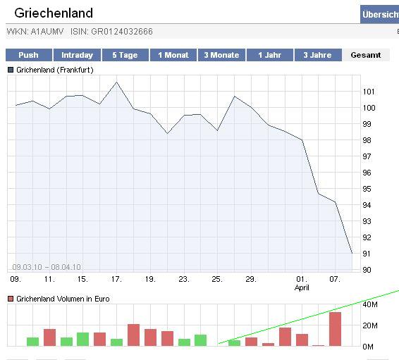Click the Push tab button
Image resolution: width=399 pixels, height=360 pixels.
(29, 55)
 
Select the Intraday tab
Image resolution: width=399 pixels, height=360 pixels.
(77, 55)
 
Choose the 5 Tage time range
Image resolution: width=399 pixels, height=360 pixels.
(125, 55)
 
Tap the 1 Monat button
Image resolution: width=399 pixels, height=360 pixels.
(173, 55)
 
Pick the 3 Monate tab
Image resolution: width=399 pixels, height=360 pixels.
(221, 55)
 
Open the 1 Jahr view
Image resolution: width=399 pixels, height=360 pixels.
(270, 55)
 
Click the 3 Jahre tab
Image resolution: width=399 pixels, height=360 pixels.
(318, 55)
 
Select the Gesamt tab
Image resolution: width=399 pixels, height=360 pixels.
(366, 55)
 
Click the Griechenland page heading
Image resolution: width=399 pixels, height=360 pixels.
(54, 13)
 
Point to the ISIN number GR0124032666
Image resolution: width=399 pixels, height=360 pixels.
(122, 32)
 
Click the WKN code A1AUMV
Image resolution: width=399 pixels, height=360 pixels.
(47, 32)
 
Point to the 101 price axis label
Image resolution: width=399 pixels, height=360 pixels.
(369, 92)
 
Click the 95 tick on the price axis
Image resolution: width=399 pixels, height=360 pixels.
(367, 189)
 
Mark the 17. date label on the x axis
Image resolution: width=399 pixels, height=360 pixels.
(116, 279)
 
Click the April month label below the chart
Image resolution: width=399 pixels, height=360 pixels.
(302, 287)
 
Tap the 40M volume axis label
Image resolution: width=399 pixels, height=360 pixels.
(370, 304)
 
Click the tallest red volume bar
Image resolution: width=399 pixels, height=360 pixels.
(335, 329)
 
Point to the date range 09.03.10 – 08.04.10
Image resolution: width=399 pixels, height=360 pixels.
(47, 267)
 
